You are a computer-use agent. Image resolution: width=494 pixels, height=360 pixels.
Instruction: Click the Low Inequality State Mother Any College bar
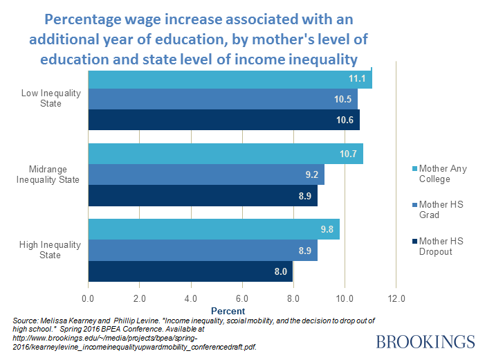coord(228,79)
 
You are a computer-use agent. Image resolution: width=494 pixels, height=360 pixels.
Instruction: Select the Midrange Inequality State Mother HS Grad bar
coord(205,174)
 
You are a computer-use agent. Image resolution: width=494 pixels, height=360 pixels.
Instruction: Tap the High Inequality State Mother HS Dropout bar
coord(190,271)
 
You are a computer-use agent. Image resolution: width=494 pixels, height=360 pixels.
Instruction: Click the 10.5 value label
coord(342,99)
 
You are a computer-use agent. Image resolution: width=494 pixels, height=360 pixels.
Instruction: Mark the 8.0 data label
coord(280,271)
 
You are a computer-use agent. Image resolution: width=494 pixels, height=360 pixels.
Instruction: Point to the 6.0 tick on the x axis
coord(241,298)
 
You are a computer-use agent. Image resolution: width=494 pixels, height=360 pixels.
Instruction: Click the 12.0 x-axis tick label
coord(396,298)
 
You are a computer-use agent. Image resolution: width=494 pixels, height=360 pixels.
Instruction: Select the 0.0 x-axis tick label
coord(88,298)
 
